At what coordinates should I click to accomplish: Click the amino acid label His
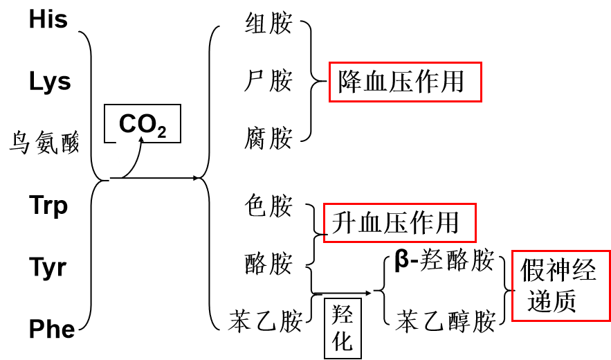(x=48, y=19)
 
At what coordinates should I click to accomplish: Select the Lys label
(x=50, y=82)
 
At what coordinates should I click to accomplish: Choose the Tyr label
(x=48, y=267)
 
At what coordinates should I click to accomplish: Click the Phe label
(x=52, y=329)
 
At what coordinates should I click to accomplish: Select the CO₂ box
(x=142, y=124)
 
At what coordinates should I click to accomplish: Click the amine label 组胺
(x=268, y=24)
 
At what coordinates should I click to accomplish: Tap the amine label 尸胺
(x=268, y=81)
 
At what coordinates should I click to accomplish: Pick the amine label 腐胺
(x=268, y=138)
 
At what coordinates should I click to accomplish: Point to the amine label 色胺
(x=268, y=206)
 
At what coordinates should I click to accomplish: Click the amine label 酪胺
(x=268, y=263)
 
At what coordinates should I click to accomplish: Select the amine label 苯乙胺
(x=266, y=321)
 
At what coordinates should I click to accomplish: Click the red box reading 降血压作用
(x=405, y=82)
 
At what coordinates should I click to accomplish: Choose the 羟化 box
(x=343, y=329)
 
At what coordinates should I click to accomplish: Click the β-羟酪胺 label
(x=444, y=261)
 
